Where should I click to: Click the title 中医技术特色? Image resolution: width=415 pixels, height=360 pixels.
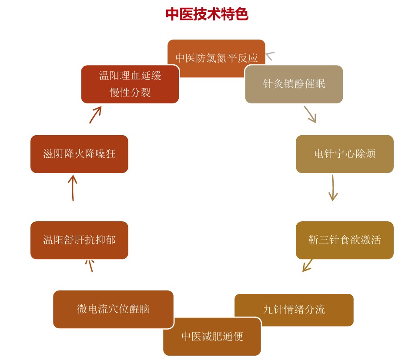pos(207,14)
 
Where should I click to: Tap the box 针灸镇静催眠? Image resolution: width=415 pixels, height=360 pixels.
pos(294,84)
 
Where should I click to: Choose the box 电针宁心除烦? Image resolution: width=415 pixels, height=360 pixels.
pos(345,153)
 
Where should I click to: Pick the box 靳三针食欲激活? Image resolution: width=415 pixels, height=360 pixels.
pos(345,240)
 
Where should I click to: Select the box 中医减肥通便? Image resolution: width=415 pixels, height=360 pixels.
pos(212,337)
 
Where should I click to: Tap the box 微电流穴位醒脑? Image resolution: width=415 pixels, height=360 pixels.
pos(113,309)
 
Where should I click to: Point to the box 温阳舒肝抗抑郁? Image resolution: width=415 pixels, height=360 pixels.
pos(79,240)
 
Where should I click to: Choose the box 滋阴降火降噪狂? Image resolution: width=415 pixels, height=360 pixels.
pos(79,154)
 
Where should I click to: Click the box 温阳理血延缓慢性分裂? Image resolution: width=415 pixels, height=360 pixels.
pos(130,84)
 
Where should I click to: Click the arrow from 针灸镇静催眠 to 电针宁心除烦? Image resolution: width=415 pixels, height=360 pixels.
pos(310,114)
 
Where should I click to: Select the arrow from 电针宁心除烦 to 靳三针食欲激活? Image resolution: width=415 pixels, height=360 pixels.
pos(333,187)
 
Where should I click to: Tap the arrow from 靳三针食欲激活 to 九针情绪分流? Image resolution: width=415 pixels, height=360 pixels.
pos(308,265)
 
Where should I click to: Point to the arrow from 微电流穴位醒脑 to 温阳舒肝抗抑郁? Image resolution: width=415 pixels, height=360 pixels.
pos(90,265)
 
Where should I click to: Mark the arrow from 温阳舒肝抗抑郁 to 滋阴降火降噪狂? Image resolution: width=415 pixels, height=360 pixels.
pos(73,188)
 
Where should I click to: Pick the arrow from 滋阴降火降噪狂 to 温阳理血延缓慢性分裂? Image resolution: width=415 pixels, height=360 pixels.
pos(95,114)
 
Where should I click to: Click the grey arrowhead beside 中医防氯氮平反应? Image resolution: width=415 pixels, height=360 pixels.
pos(270,56)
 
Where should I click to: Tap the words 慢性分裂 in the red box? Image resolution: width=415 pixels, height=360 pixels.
pos(130,92)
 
